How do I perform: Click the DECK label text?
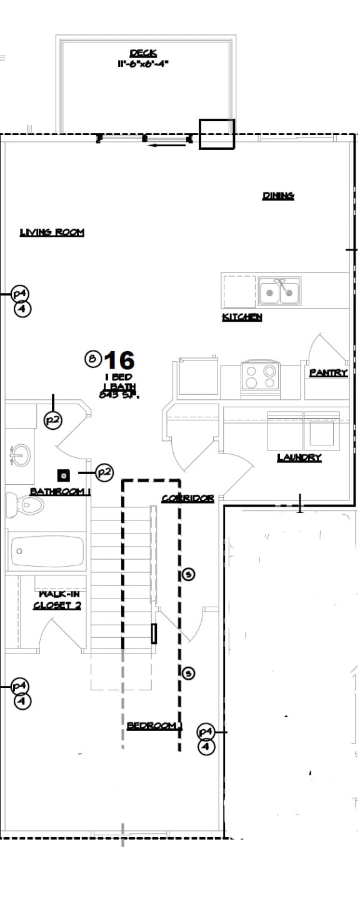click(x=143, y=53)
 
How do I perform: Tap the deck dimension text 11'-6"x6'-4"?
click(x=143, y=63)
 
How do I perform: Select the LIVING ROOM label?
click(x=52, y=232)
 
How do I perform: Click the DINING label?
click(x=278, y=196)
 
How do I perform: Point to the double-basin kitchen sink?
click(x=279, y=291)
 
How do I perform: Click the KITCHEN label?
click(x=242, y=317)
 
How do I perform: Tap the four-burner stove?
click(x=260, y=377)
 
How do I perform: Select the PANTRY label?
click(x=328, y=372)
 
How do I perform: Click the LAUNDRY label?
click(x=299, y=458)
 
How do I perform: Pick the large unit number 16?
click(x=119, y=360)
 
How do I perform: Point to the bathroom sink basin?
click(x=19, y=454)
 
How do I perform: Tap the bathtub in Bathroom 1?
click(x=47, y=550)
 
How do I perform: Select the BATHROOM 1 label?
click(x=61, y=492)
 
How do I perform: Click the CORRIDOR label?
click(x=187, y=499)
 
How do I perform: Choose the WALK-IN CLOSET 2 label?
click(x=57, y=600)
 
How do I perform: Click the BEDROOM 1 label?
click(x=154, y=725)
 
